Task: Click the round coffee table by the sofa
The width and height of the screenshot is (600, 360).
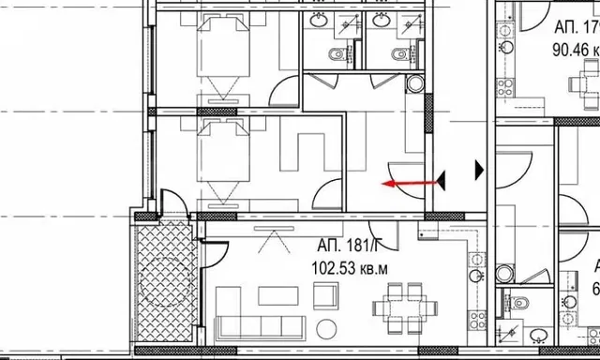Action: (x=327, y=329)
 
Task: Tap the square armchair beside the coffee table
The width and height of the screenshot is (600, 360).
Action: (x=329, y=299)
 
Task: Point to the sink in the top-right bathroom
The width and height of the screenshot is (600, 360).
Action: (x=382, y=20)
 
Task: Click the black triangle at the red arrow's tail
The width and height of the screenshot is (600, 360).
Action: (x=441, y=179)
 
